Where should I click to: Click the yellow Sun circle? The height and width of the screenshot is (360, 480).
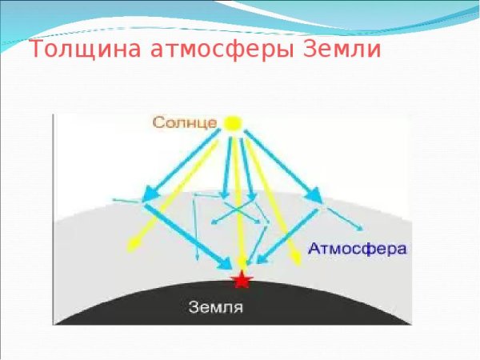(x=232, y=124)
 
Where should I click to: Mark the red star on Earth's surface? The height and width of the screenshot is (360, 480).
(x=241, y=279)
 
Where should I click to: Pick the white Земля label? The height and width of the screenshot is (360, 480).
(x=215, y=306)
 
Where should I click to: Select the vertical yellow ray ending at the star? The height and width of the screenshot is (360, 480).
(x=238, y=208)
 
